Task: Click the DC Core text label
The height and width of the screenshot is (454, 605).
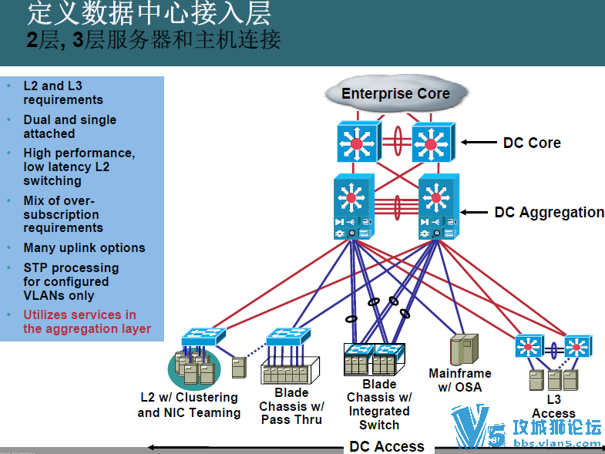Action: [x=532, y=143]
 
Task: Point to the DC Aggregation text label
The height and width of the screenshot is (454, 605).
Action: [x=549, y=212]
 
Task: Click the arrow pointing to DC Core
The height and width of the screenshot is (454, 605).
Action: [x=479, y=143]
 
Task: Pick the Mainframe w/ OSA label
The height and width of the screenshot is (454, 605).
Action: [x=460, y=380]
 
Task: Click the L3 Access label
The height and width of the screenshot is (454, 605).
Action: [x=553, y=406]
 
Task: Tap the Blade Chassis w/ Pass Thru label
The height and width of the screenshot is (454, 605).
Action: [x=291, y=406]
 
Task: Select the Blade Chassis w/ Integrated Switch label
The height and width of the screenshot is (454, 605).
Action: [x=379, y=404]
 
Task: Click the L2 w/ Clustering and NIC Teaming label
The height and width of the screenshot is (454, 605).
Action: [x=189, y=405]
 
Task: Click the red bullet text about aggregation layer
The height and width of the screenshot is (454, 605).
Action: [x=86, y=321]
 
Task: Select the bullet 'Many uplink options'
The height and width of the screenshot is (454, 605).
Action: [x=84, y=247]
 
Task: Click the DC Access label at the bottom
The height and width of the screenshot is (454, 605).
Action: [x=387, y=446]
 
